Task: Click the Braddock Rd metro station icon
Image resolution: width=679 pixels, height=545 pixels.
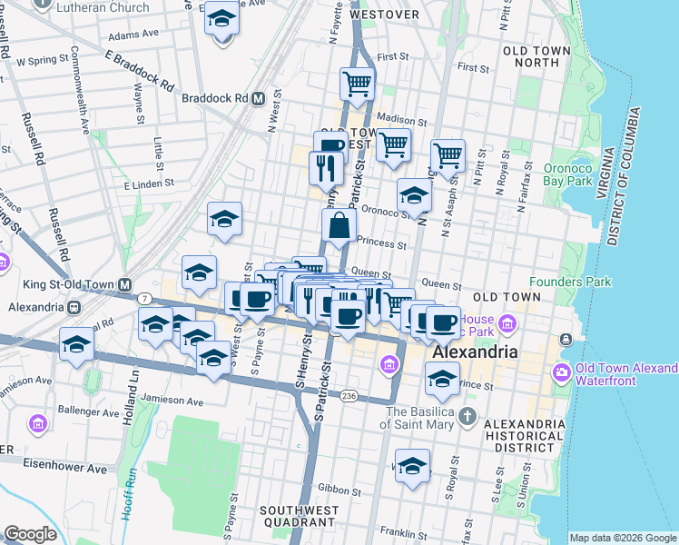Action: pyautogui.click(x=259, y=98)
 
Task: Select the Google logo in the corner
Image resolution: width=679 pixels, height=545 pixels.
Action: pyautogui.click(x=31, y=534)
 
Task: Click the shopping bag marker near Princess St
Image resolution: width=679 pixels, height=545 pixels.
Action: pyautogui.click(x=338, y=227)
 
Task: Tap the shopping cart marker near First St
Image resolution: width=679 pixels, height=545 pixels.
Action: pyautogui.click(x=358, y=84)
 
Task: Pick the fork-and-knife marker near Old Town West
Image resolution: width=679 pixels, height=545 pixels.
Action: pyautogui.click(x=325, y=167)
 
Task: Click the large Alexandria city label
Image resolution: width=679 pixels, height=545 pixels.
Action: pyautogui.click(x=475, y=352)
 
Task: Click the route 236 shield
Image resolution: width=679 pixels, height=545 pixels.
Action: pyautogui.click(x=349, y=396)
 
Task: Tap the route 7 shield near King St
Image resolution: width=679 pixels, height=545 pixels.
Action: pyautogui.click(x=144, y=298)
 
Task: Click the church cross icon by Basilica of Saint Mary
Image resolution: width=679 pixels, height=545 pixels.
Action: pyautogui.click(x=467, y=418)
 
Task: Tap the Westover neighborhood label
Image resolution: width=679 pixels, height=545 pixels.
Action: pyautogui.click(x=384, y=15)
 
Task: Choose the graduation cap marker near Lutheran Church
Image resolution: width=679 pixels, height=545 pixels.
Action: pyautogui.click(x=220, y=19)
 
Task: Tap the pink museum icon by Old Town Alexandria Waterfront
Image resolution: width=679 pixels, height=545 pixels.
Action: pyautogui.click(x=561, y=373)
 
